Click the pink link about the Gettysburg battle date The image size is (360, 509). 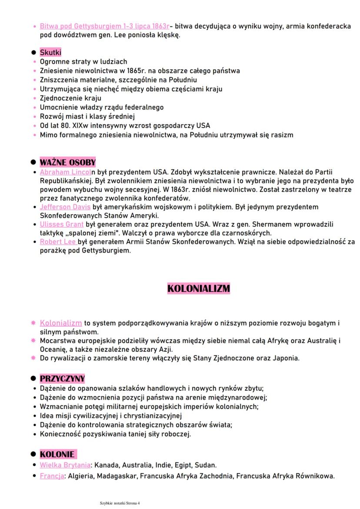tap(104, 27)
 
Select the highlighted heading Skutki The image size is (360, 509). tap(51, 53)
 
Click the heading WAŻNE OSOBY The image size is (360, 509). tap(67, 163)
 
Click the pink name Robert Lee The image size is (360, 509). tap(58, 241)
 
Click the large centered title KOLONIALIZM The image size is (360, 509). tap(198, 288)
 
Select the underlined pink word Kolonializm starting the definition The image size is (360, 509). tap(61, 323)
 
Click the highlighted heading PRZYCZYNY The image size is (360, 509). tap(62, 378)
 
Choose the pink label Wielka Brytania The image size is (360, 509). tap(66, 465)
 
